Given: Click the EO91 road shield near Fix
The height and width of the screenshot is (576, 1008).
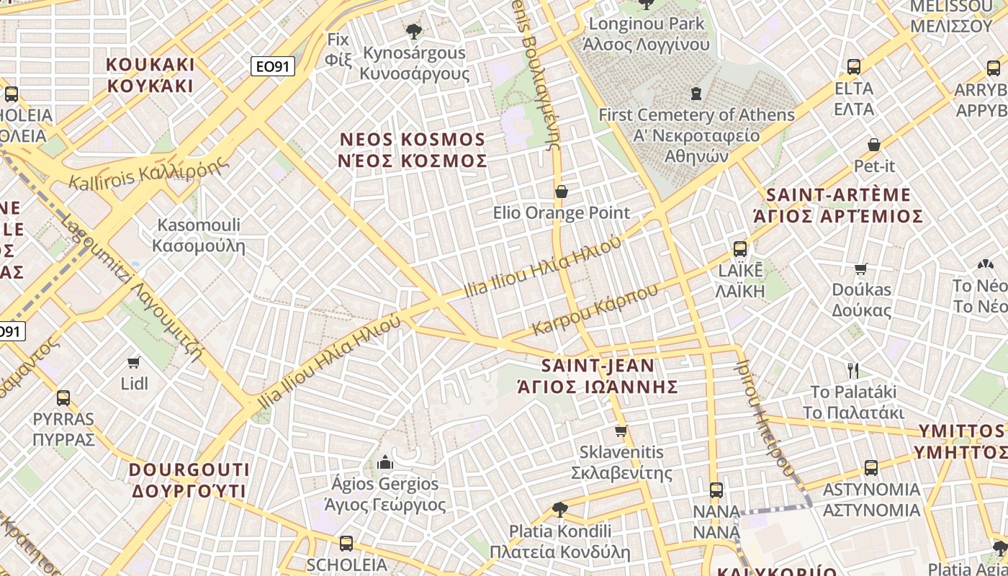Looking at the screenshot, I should [273, 67].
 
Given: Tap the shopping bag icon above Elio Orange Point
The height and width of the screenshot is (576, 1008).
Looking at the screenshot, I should [561, 192].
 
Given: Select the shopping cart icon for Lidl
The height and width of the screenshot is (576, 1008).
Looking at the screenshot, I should [134, 361].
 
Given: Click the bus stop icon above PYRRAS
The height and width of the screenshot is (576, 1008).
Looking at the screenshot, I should [63, 397].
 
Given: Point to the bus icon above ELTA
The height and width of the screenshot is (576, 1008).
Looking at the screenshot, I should [854, 67].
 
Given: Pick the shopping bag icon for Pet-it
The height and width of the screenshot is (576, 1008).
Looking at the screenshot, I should [874, 145].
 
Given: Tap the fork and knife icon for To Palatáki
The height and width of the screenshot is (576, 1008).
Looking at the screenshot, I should [853, 371].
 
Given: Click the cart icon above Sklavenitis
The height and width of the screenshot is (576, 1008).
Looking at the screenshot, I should [621, 431].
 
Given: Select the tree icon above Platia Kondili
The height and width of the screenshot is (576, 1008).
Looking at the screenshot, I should [559, 510].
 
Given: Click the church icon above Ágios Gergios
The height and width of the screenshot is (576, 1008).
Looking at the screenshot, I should [385, 462].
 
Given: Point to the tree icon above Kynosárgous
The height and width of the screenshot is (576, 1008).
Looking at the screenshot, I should [413, 31].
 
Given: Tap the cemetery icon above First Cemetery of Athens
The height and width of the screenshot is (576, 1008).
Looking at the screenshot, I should [696, 93].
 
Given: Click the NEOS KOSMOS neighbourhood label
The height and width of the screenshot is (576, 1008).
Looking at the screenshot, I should [413, 150].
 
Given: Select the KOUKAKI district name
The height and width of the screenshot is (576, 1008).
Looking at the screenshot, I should [150, 75].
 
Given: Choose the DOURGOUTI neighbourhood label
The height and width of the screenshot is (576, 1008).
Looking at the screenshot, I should [189, 480].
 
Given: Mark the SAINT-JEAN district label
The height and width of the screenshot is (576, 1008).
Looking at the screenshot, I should [598, 376].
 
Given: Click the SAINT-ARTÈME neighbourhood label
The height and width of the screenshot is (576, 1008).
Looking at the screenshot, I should [838, 205].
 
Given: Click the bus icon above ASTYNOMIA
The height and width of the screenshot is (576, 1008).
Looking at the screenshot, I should [871, 468].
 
